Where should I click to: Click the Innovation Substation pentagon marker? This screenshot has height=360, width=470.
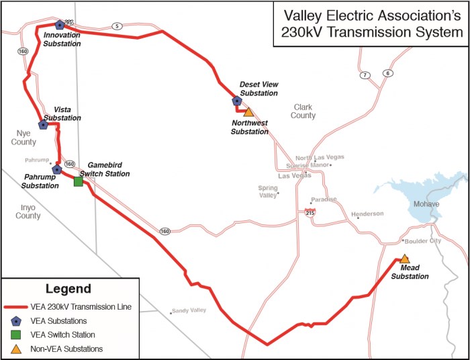click(x=60, y=24)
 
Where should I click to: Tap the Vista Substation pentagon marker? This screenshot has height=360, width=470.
click(x=43, y=124)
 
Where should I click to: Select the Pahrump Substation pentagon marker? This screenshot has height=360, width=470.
click(x=57, y=169)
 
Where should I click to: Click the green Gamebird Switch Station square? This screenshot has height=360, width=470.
click(x=78, y=181)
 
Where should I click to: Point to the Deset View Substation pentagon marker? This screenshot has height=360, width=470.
click(x=236, y=101)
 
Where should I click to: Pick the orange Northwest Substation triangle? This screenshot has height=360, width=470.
click(x=248, y=111)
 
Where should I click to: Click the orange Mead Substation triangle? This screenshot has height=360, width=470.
click(x=404, y=259)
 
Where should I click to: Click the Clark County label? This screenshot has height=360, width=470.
click(x=303, y=111)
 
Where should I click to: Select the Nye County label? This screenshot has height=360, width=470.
click(x=23, y=138)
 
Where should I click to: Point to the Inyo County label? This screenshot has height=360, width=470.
click(x=28, y=212)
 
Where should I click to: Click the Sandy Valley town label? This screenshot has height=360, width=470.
click(x=188, y=310)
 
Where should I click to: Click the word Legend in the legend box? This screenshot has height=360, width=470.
click(x=68, y=289)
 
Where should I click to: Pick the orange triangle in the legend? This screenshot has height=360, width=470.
click(x=15, y=349)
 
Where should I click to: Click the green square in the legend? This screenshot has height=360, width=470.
click(x=15, y=334)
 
